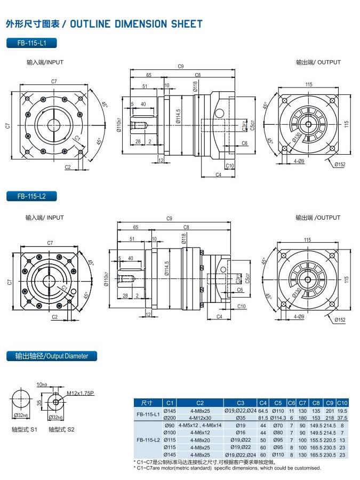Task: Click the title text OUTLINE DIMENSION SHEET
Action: point(136,24)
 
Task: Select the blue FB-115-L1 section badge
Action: point(31,43)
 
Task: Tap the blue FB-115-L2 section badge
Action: point(31,196)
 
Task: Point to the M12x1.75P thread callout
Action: point(80,393)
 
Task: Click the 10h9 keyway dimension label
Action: point(42,385)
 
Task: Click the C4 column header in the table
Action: point(263,403)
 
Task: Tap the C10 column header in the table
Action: point(342,403)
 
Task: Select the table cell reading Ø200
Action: point(170,418)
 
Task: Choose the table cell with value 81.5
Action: point(263,418)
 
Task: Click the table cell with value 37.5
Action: point(342,418)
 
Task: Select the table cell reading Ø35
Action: point(241,418)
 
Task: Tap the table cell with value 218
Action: point(330,418)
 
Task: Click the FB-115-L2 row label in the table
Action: point(148,440)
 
